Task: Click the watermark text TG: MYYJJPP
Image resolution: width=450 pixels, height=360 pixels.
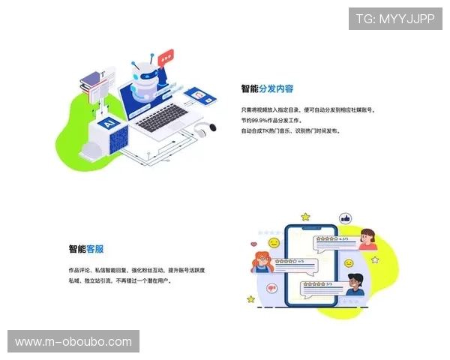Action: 395,19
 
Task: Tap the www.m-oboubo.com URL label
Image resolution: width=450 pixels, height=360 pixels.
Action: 73,342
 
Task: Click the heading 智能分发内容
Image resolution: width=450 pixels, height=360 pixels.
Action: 267,88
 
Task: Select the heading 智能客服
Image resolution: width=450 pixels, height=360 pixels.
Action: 86,249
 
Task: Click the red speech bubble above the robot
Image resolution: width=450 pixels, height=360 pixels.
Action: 166,56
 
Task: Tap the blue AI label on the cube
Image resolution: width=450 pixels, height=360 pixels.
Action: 106,121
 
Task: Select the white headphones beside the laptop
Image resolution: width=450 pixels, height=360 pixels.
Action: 199,131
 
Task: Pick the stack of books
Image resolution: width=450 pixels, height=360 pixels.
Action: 94,85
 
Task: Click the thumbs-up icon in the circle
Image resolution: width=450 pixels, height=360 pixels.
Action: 346,219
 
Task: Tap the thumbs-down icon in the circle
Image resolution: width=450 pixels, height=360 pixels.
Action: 273,287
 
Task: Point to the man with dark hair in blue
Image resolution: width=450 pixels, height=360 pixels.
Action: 355,284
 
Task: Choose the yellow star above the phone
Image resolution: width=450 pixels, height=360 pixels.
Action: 305,217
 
